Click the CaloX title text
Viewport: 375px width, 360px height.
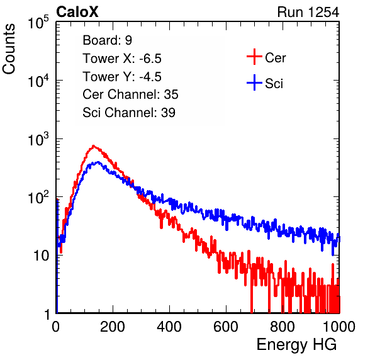(77, 12)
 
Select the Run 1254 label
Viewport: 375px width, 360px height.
(308, 12)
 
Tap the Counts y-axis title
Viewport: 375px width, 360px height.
(9, 48)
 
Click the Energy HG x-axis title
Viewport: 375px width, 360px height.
(296, 345)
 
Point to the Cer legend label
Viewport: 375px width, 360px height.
(275, 58)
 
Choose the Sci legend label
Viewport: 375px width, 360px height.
(274, 84)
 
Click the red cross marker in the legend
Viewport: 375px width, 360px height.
(254, 57)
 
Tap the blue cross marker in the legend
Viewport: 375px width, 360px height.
(254, 82)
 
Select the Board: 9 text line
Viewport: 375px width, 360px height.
(107, 40)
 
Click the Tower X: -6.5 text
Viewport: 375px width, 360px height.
(122, 59)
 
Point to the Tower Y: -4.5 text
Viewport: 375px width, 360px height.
(122, 77)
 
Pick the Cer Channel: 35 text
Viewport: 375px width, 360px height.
(130, 94)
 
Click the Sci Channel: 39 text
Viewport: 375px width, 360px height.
(129, 113)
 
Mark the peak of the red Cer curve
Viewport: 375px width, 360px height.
(94, 145)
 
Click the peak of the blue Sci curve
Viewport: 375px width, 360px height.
(98, 162)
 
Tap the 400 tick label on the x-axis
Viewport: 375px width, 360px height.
(169, 327)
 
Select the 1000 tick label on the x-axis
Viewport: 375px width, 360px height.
(339, 327)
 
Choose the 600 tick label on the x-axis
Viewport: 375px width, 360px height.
(226, 327)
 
